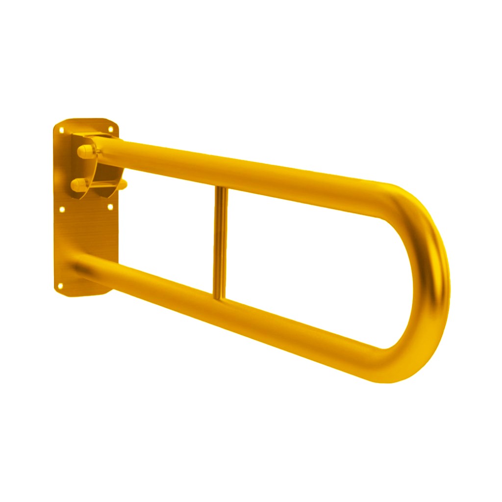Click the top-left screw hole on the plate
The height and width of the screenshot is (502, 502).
pos(62,130)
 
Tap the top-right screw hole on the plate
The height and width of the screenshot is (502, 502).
pos(110,129)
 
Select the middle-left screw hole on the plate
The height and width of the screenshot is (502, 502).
pos(62,209)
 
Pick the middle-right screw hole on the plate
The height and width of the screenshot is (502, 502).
pos(110,207)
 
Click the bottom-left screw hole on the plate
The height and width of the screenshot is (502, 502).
pos(61,285)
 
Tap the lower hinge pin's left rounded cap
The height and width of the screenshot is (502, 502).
pos(76,185)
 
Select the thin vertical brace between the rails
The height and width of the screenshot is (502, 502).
pos(221,240)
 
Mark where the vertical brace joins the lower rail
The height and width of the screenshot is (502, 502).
pos(220,295)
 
